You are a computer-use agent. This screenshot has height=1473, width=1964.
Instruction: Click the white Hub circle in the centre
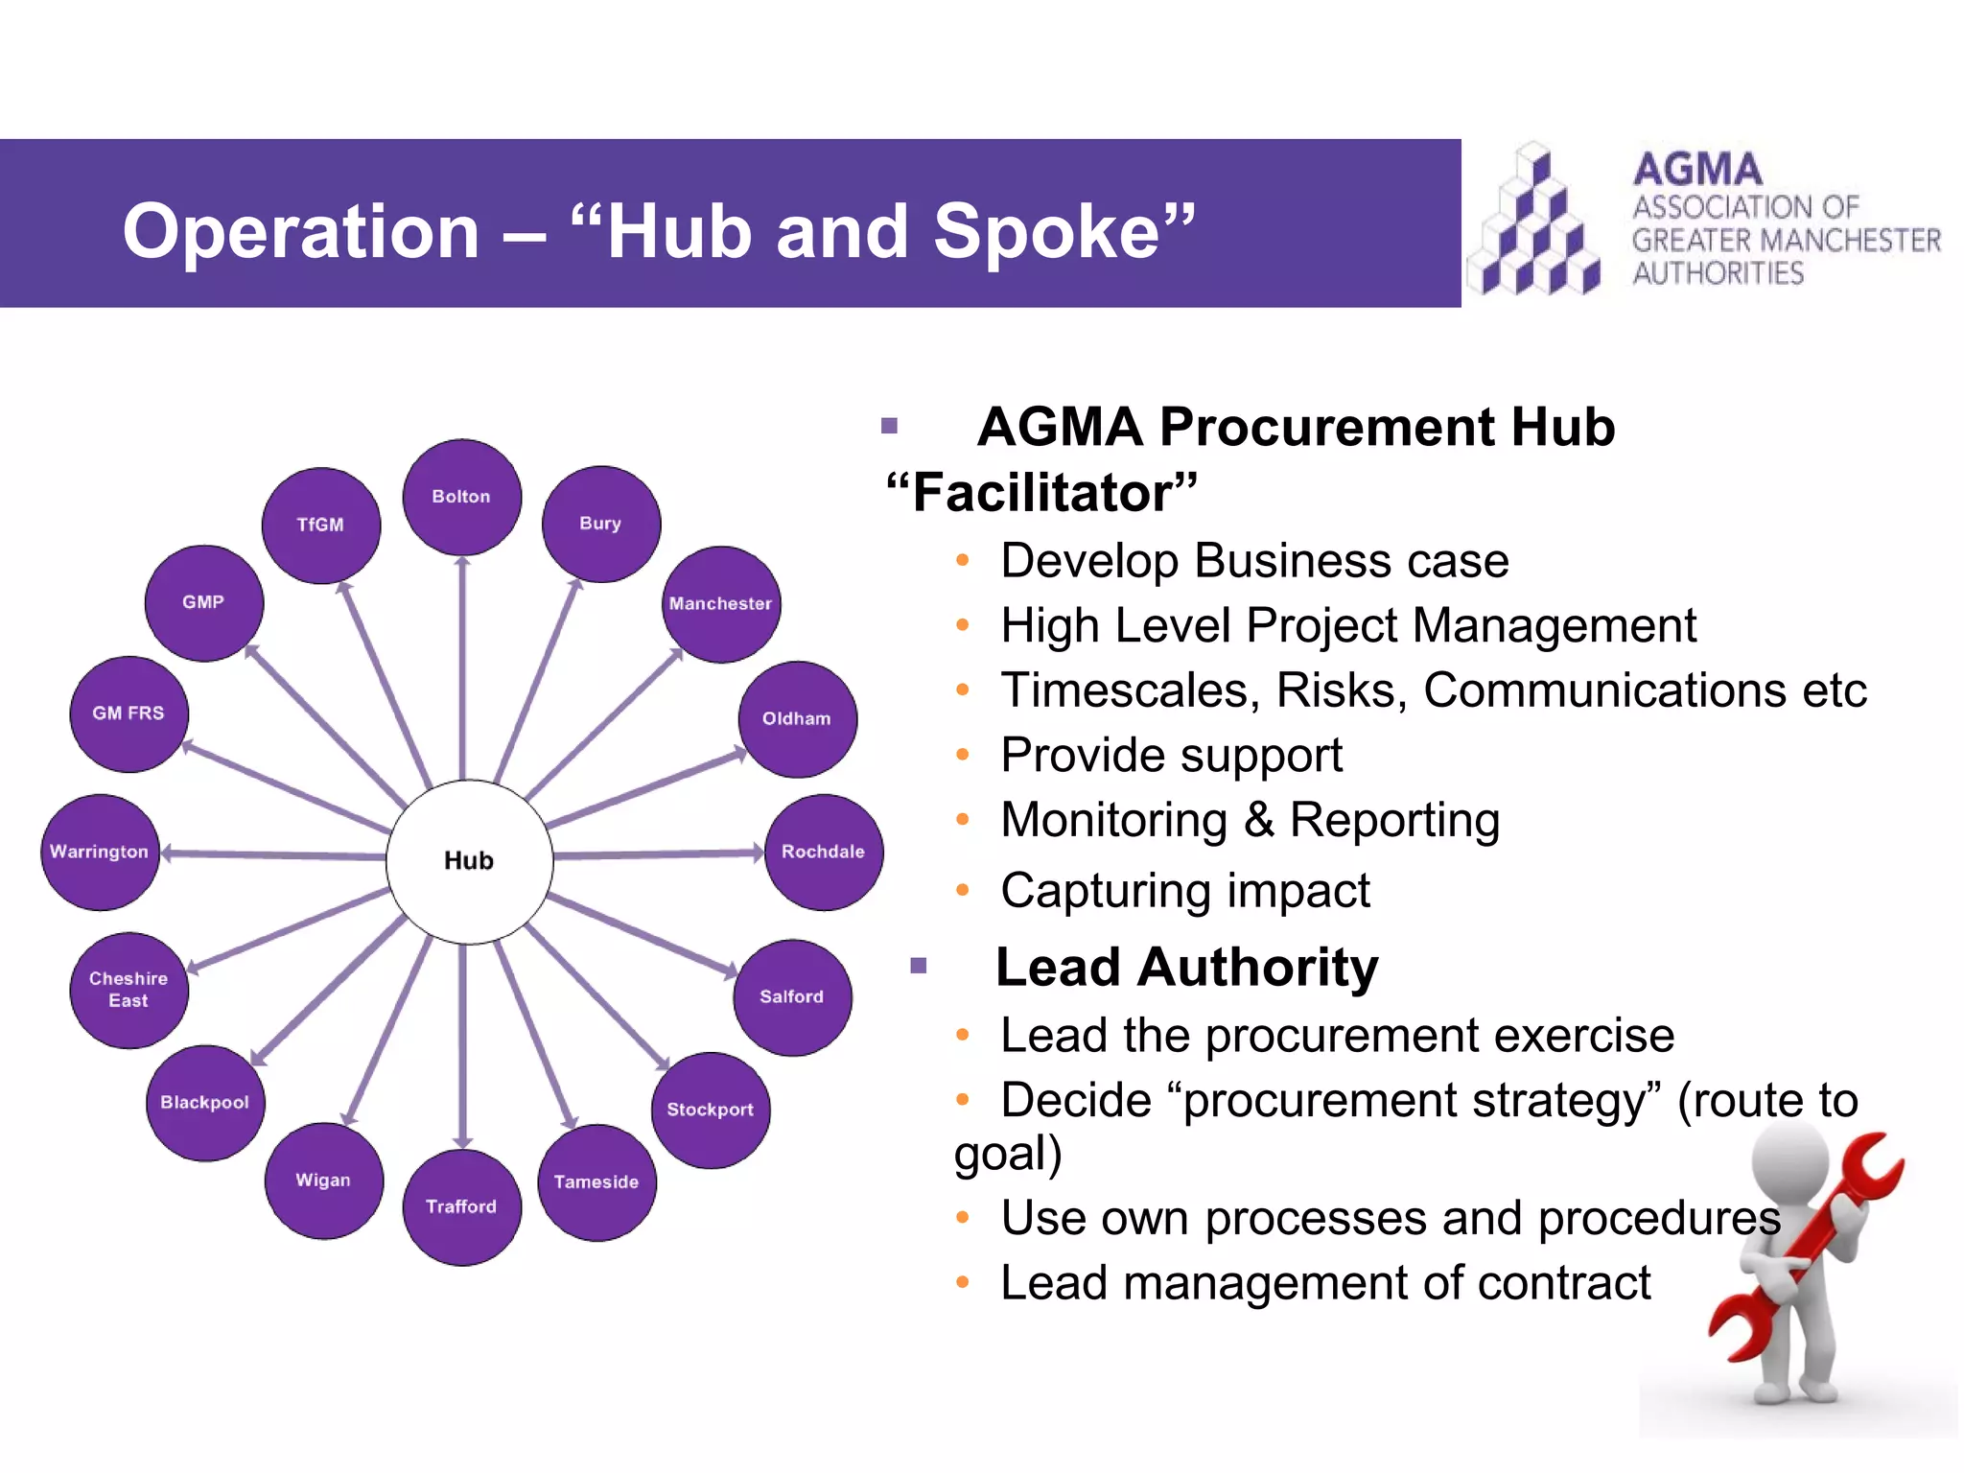coord(469,861)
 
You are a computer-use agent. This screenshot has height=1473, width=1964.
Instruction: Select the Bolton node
coord(461,497)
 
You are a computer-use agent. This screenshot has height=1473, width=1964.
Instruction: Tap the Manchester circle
coord(720,604)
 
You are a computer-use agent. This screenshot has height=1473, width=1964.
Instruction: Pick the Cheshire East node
coord(129,990)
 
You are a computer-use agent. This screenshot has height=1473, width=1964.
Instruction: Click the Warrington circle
coord(100,852)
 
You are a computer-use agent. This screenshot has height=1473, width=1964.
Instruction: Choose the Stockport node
coord(710,1110)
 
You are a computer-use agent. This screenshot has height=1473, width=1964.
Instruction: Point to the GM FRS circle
coord(129,713)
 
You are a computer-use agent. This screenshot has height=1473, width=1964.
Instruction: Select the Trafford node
coord(461,1206)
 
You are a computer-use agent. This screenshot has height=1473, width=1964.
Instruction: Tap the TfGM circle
coord(320,525)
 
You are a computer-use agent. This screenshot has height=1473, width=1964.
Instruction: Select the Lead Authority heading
coord(1186,967)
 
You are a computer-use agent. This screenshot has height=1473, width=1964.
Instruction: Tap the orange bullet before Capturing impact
coord(963,891)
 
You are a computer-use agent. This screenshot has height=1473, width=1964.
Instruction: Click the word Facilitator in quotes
coord(1041,493)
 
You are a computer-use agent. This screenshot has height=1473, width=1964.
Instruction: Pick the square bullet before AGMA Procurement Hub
coord(889,426)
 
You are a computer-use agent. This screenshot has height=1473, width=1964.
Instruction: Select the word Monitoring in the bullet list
coord(1113,821)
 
